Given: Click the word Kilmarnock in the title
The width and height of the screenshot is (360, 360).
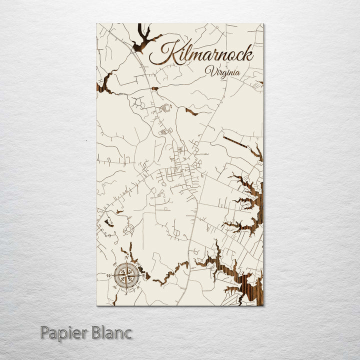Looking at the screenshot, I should click(205, 53).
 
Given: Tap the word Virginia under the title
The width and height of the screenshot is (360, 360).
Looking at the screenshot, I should click(222, 72).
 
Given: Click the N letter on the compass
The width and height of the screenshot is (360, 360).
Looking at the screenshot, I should click(127, 257).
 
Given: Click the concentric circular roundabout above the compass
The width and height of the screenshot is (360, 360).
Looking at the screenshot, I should click(130, 230).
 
